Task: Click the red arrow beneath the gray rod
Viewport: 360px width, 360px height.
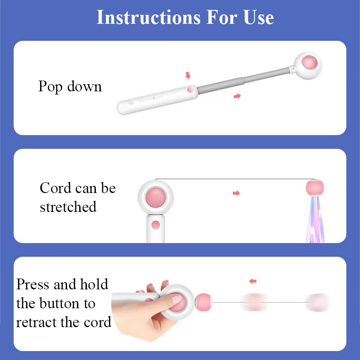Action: (x=237, y=96)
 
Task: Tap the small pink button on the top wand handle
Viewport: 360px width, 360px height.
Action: (x=191, y=90)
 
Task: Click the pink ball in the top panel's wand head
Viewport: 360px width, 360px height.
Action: (x=308, y=61)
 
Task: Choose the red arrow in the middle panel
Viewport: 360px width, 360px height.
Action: (x=236, y=193)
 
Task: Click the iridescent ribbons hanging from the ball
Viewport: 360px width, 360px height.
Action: (x=315, y=220)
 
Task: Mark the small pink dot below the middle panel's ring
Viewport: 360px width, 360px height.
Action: (x=156, y=225)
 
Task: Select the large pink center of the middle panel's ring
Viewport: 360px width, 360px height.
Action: (x=156, y=197)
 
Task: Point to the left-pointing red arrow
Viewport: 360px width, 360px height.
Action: (x=253, y=281)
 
